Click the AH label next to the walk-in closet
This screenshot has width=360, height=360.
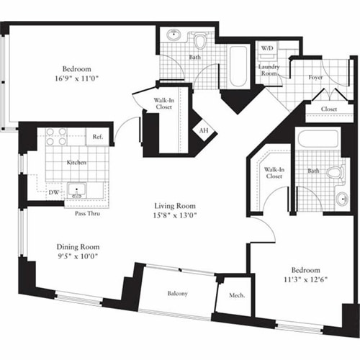pos(204,131)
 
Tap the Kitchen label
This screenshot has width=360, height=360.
pos(77,163)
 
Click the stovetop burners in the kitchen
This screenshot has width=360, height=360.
pos(57,136)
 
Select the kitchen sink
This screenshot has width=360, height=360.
pos(77,192)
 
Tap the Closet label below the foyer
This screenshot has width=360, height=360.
pos(329,110)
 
